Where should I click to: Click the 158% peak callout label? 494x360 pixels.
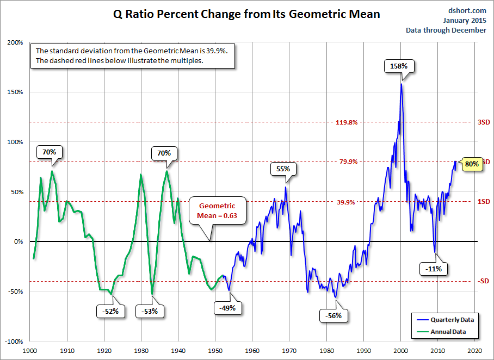click(402, 66)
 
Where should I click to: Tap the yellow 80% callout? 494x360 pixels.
click(472, 163)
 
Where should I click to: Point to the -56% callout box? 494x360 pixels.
click(334, 315)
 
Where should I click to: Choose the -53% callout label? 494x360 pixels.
click(150, 311)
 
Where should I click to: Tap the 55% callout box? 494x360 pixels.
click(283, 169)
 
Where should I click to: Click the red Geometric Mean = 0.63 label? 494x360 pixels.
click(217, 211)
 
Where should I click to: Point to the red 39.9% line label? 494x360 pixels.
click(345, 202)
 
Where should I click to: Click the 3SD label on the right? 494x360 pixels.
click(484, 122)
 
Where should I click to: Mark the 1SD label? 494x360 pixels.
click(484, 202)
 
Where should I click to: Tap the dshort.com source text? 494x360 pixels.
click(468, 10)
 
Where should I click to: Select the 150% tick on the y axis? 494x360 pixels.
click(15, 92)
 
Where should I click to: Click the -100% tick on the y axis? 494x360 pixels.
click(14, 342)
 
